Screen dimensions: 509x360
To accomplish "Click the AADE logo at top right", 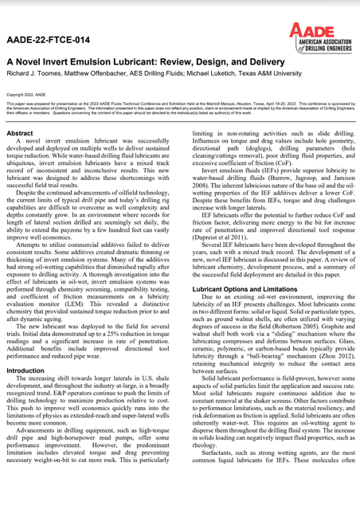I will (x=317, y=36).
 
